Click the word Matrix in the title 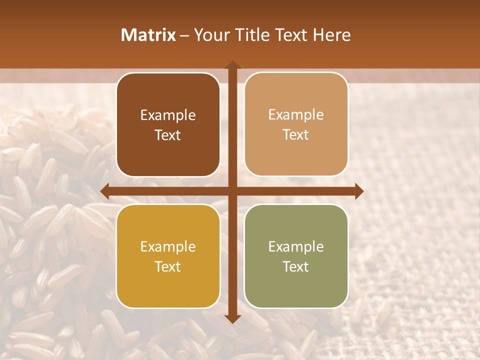pos(148,35)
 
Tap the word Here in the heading pos(331,35)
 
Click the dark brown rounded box pos(168,124)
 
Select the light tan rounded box pos(296,124)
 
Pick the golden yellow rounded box pos(168,256)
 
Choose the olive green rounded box pos(296,256)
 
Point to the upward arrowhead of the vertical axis pos(232,65)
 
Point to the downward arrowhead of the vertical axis pos(232,318)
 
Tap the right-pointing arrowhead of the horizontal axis pos(359,191)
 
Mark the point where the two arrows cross pos(232,191)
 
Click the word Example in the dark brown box pos(168,115)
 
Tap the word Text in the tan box pos(296,135)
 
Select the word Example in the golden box pos(168,247)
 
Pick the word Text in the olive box pos(296,266)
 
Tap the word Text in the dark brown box pos(168,135)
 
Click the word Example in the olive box pos(296,247)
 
